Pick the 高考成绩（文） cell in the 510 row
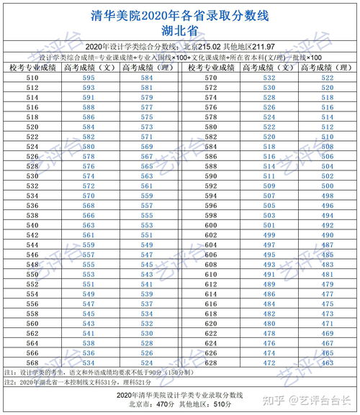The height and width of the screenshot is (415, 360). tap(89, 78)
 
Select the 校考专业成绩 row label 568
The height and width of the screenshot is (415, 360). tap(32, 363)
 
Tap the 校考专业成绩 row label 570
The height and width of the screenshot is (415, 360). tap(211, 78)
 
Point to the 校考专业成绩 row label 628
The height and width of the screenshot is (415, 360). tap(211, 363)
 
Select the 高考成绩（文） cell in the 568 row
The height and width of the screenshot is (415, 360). tap(89, 363)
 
